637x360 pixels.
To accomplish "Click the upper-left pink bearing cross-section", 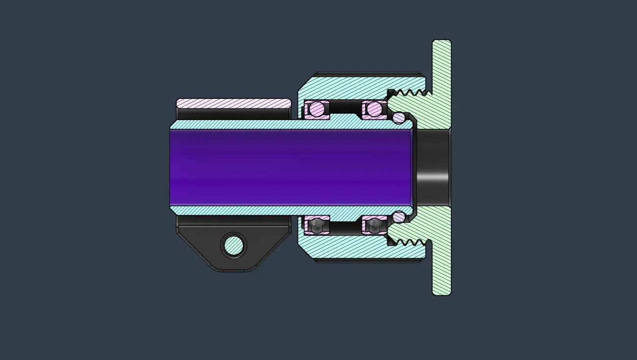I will [x=317, y=109].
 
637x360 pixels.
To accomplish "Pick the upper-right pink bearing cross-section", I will [x=374, y=109].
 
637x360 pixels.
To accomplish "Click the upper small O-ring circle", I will [x=399, y=117].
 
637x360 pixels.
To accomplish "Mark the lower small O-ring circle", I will [x=399, y=216].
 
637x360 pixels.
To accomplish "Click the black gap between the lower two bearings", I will [x=345, y=227].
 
